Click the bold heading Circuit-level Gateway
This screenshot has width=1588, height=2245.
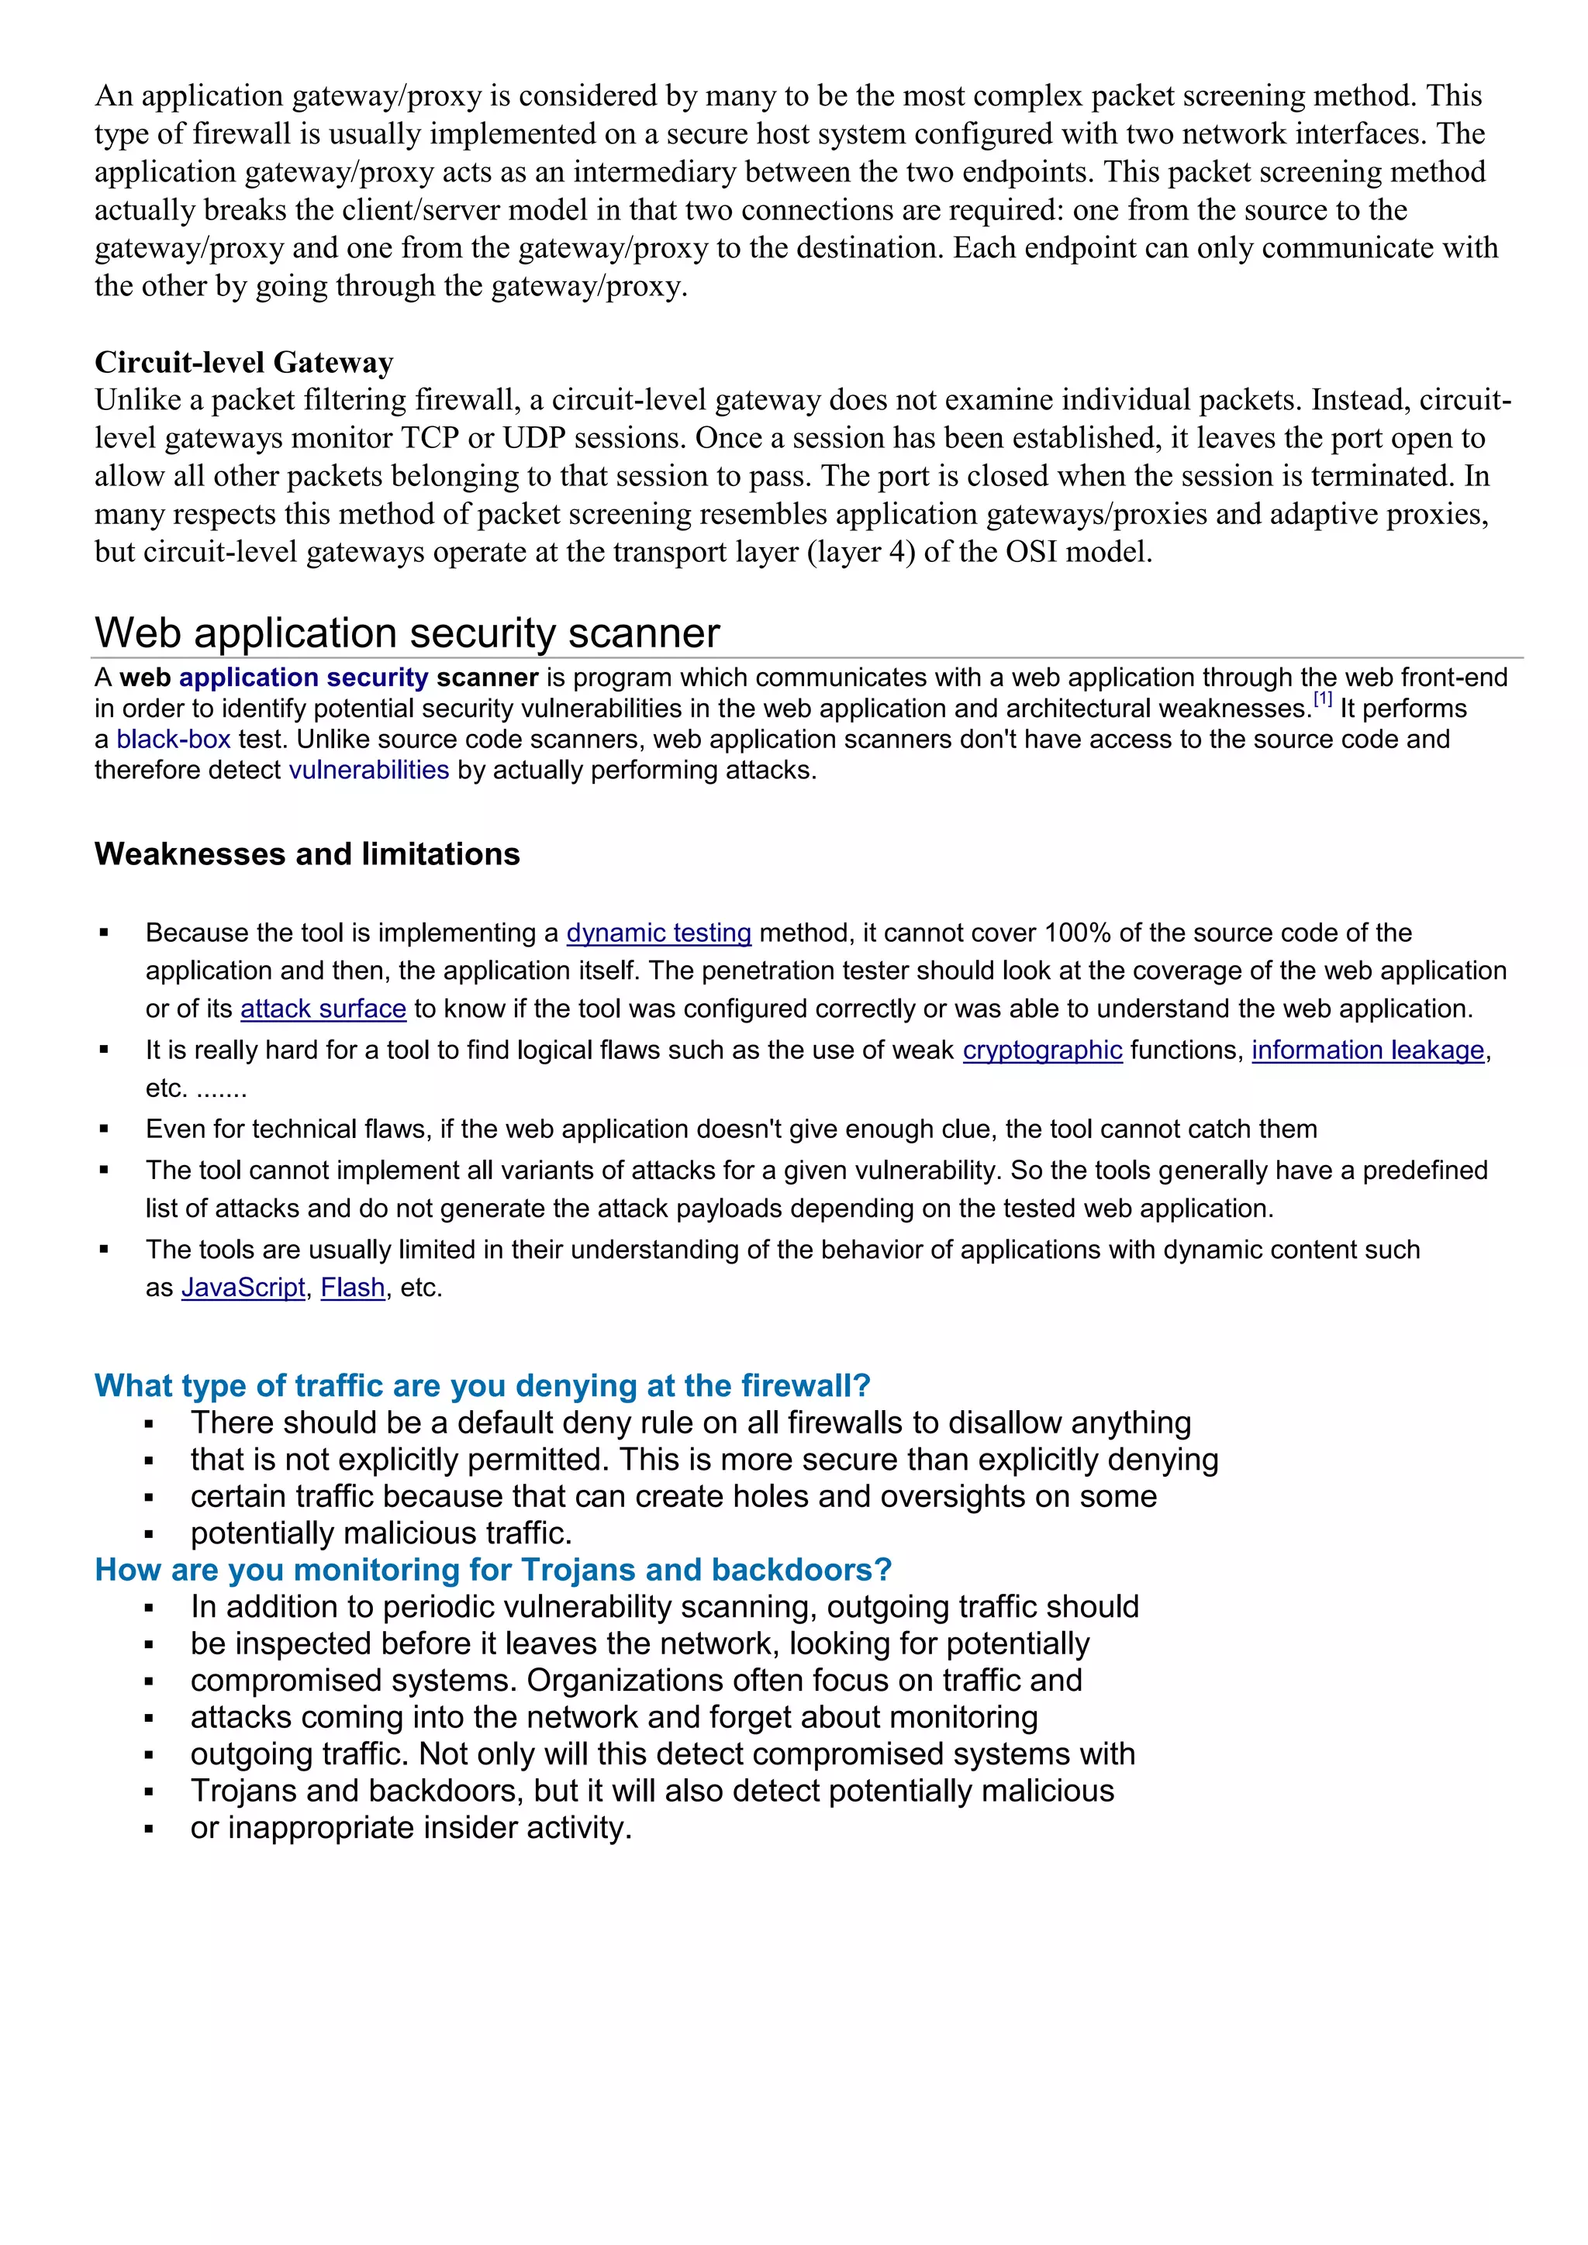click(x=243, y=363)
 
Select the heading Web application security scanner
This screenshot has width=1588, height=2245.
click(x=407, y=633)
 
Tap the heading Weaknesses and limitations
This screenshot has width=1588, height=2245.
click(x=307, y=854)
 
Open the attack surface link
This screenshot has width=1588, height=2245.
click(x=323, y=1009)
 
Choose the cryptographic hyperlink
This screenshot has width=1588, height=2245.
click(x=1041, y=1050)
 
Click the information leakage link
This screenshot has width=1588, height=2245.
click(x=1367, y=1050)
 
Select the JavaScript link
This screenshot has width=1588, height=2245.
click(x=243, y=1288)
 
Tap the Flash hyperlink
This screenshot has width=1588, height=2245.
click(x=352, y=1288)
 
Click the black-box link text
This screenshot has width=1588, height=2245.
click(x=173, y=740)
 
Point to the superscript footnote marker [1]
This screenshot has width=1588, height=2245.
click(x=1322, y=699)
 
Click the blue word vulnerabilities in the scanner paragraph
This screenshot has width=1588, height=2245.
click(x=368, y=771)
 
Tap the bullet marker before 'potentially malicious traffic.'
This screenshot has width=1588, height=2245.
click(x=149, y=1535)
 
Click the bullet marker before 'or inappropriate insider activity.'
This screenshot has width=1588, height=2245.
click(x=149, y=1829)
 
